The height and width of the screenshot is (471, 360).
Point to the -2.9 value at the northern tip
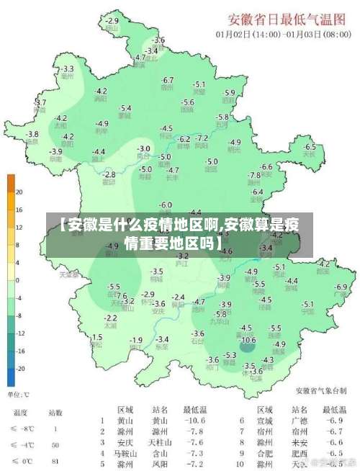pyautogui.click(x=112, y=21)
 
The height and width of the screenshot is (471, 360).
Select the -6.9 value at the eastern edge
pyautogui.click(x=341, y=287)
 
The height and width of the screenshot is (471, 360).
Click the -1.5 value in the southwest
pyautogui.click(x=96, y=337)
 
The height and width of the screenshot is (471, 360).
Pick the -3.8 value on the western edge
pyautogui.click(x=32, y=134)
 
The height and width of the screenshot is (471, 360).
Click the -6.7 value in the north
pyautogui.click(x=168, y=80)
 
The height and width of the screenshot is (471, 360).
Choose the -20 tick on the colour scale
pyautogui.click(x=21, y=368)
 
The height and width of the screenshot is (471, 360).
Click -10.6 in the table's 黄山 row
pyautogui.click(x=194, y=421)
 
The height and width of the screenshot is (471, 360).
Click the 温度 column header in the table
pyautogui.click(x=19, y=413)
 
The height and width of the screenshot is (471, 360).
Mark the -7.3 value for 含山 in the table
pyautogui.click(x=194, y=454)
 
